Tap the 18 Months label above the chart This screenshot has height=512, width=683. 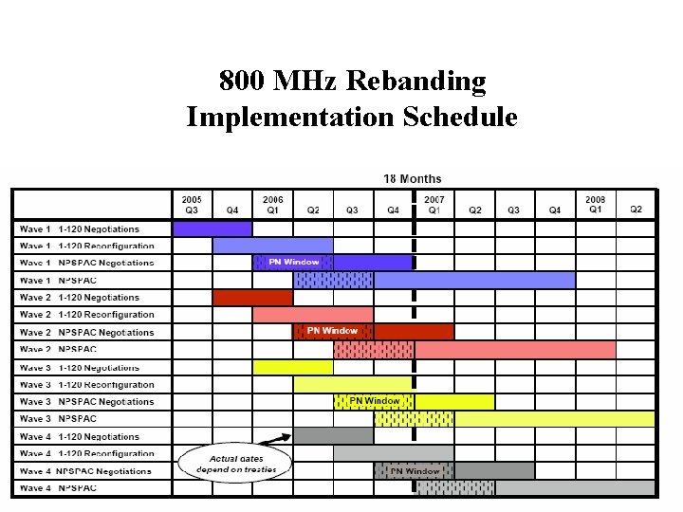[x=412, y=178]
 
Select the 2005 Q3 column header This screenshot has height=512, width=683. [x=192, y=204]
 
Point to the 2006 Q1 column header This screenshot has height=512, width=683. [x=273, y=204]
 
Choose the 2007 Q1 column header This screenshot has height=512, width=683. [x=434, y=204]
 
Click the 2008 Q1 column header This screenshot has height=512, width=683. [x=595, y=204]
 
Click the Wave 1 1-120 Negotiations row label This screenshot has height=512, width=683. [x=80, y=229]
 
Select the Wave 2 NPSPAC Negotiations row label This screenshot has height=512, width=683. [x=86, y=332]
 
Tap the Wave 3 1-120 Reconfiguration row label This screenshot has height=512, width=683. [x=86, y=384]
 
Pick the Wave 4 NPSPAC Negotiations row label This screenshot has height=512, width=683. [x=85, y=470]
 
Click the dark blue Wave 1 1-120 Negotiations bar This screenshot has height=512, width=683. [x=212, y=229]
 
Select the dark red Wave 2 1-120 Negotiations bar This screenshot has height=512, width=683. [x=252, y=297]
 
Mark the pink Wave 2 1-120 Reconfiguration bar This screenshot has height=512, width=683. [x=312, y=314]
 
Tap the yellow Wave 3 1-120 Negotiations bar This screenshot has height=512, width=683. [x=293, y=366]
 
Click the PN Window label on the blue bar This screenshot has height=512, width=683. [x=294, y=262]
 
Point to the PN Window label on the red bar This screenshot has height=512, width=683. [x=333, y=331]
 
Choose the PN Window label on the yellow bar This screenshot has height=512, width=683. [x=375, y=401]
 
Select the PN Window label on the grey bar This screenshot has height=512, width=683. [x=415, y=470]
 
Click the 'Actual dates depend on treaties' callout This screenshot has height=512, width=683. [x=235, y=464]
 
